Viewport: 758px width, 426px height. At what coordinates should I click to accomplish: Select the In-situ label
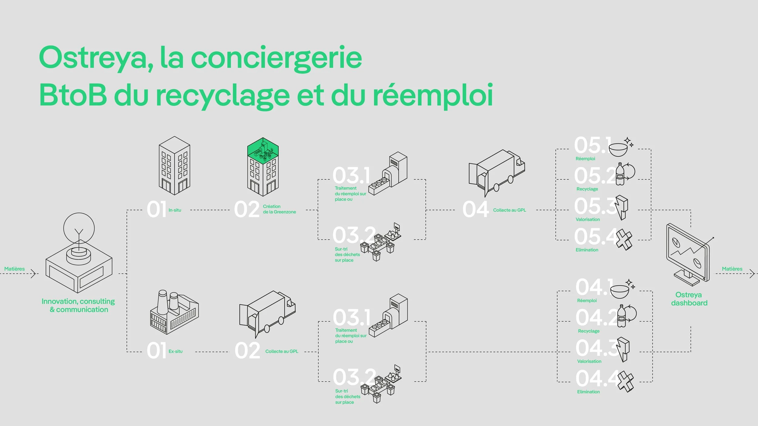coord(175,210)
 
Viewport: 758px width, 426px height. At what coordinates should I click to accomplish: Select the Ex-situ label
coord(176,351)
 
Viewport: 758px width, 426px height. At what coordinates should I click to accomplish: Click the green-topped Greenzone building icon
coord(263,167)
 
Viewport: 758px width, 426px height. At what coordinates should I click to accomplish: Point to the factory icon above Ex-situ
coord(174,312)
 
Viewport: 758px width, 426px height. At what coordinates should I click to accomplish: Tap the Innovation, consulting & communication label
coord(79,305)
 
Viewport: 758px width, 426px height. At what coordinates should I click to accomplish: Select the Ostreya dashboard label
coord(689,299)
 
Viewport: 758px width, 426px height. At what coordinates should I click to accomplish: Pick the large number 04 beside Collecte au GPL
coord(475,209)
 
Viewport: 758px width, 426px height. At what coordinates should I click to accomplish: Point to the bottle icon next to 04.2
coord(622,316)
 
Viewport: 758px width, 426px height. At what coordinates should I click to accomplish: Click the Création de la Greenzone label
coord(279,209)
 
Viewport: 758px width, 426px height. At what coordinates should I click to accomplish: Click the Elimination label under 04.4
coord(588,392)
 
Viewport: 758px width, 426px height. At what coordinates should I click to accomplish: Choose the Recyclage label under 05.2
coord(587,189)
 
